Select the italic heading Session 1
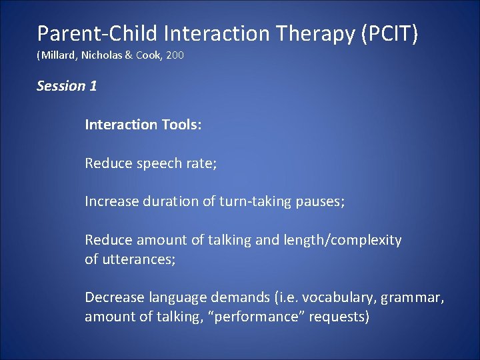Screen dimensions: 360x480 (67, 86)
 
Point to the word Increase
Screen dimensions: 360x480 (111, 201)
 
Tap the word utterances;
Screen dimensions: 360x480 (138, 259)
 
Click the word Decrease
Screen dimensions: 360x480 (113, 297)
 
